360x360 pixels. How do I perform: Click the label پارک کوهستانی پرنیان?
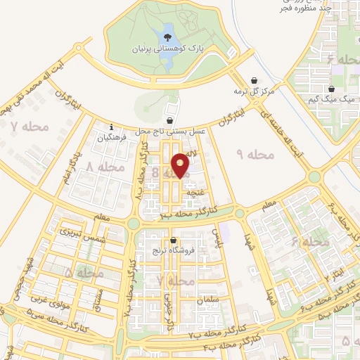coord(168,50)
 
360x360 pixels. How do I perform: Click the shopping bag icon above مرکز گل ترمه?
coord(254,80)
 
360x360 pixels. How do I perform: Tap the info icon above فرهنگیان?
coord(111,127)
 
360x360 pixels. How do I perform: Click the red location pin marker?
coord(181,165)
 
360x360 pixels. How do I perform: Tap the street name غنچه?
coord(195,190)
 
